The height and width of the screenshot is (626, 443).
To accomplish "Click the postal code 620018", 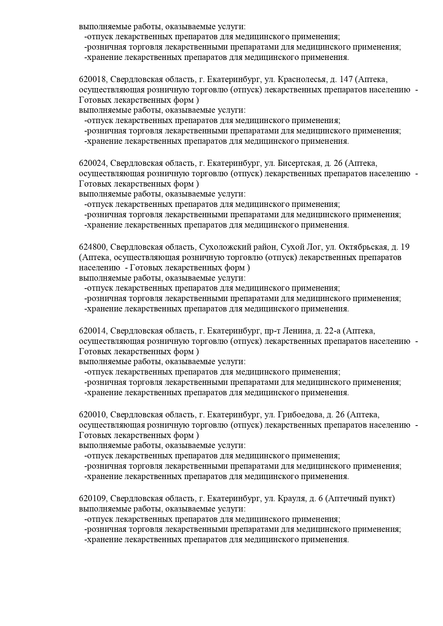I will coord(92,79).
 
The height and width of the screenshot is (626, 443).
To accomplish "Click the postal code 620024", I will coord(92,163).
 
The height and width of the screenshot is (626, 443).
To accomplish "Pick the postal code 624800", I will coord(92,247).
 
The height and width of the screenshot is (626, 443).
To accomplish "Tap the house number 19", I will coord(405,247).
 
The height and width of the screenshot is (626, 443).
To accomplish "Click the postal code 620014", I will coord(92,331).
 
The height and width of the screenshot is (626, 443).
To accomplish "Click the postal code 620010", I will coord(92,414).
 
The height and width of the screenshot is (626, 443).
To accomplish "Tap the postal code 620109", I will coord(92,498).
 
